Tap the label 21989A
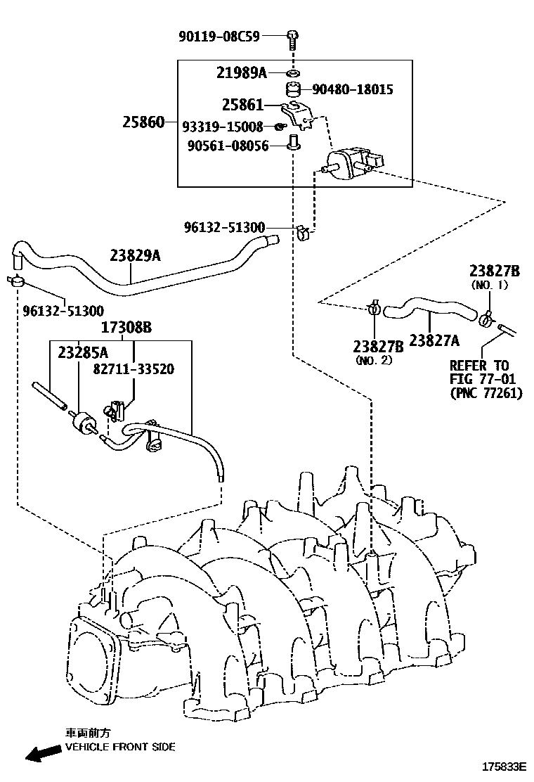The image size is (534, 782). [x=242, y=72]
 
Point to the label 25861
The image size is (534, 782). [x=242, y=105]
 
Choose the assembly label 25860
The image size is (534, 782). [x=143, y=122]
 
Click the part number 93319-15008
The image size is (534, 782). [x=222, y=127]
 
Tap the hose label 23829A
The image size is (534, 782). [x=135, y=256]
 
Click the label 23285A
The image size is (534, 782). [x=83, y=352]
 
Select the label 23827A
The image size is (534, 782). [x=434, y=341]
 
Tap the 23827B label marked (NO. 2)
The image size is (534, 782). [x=377, y=346]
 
